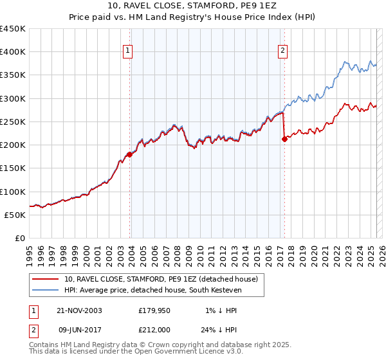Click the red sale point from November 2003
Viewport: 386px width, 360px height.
pos(130,154)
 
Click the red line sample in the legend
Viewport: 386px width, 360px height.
pos(46,279)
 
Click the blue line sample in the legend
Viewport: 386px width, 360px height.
pos(46,290)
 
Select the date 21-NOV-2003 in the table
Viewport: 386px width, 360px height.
pos(79,310)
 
